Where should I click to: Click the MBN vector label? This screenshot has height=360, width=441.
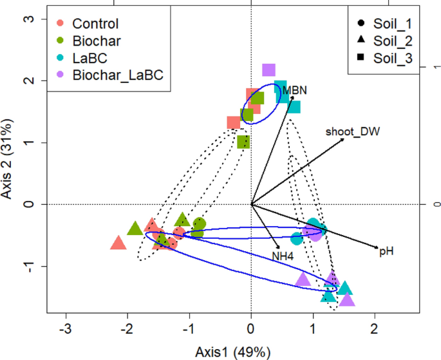[x=294, y=90]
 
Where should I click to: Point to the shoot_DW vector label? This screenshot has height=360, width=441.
[x=352, y=131]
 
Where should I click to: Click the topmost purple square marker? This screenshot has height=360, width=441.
[x=268, y=70]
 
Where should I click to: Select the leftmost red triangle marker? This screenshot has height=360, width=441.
[x=118, y=243]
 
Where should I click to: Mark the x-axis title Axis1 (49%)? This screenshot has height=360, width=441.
[x=233, y=352]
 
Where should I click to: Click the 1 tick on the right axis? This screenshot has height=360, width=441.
[x=436, y=68]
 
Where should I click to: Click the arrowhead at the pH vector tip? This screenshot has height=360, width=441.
[x=377, y=247]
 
